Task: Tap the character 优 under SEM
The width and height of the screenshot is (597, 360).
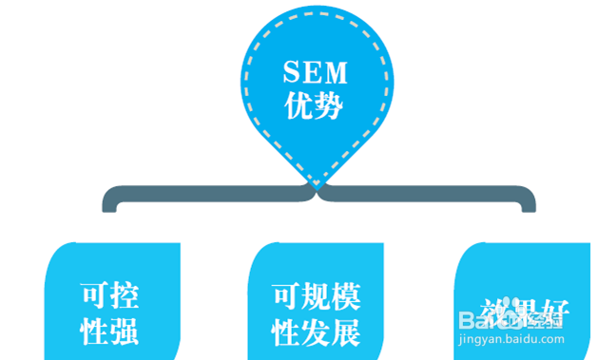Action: point(298,106)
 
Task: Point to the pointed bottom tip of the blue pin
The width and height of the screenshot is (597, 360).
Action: point(316,182)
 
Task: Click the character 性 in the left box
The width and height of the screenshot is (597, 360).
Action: point(94,332)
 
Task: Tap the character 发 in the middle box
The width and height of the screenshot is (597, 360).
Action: point(315,332)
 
